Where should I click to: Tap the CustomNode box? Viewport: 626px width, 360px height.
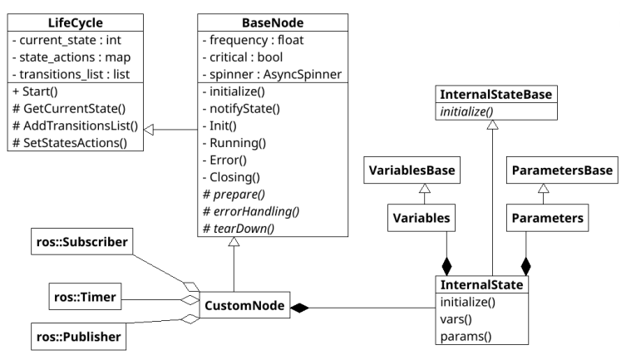pos(242,307)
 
